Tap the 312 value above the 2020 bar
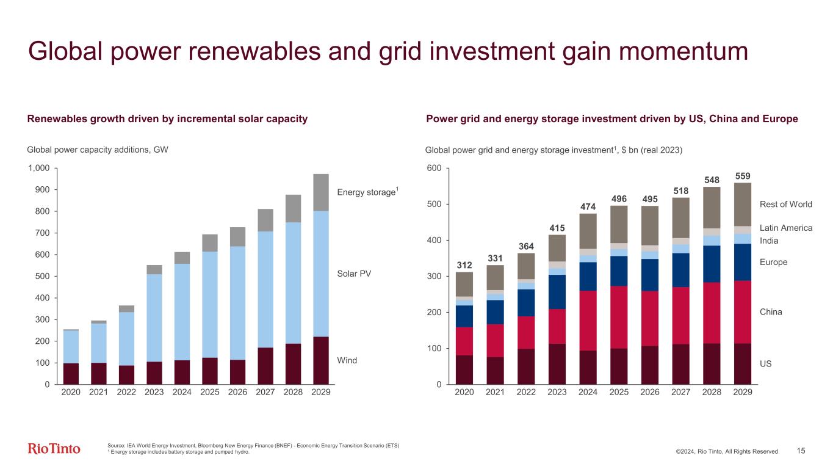pyautogui.click(x=464, y=264)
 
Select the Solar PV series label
pyautogui.click(x=354, y=274)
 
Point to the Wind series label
pyautogui.click(x=347, y=360)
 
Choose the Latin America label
pyautogui.click(x=786, y=228)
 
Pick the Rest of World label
pyautogui.click(x=786, y=204)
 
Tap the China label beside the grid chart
pyautogui.click(x=771, y=312)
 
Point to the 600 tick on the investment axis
pyautogui.click(x=435, y=168)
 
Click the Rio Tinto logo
pyautogui.click(x=54, y=449)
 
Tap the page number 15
pyautogui.click(x=801, y=451)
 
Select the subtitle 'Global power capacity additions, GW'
pyautogui.click(x=98, y=149)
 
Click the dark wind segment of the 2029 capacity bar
pyautogui.click(x=320, y=360)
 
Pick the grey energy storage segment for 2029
pyautogui.click(x=320, y=192)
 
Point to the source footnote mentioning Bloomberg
pyautogui.click(x=253, y=445)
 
